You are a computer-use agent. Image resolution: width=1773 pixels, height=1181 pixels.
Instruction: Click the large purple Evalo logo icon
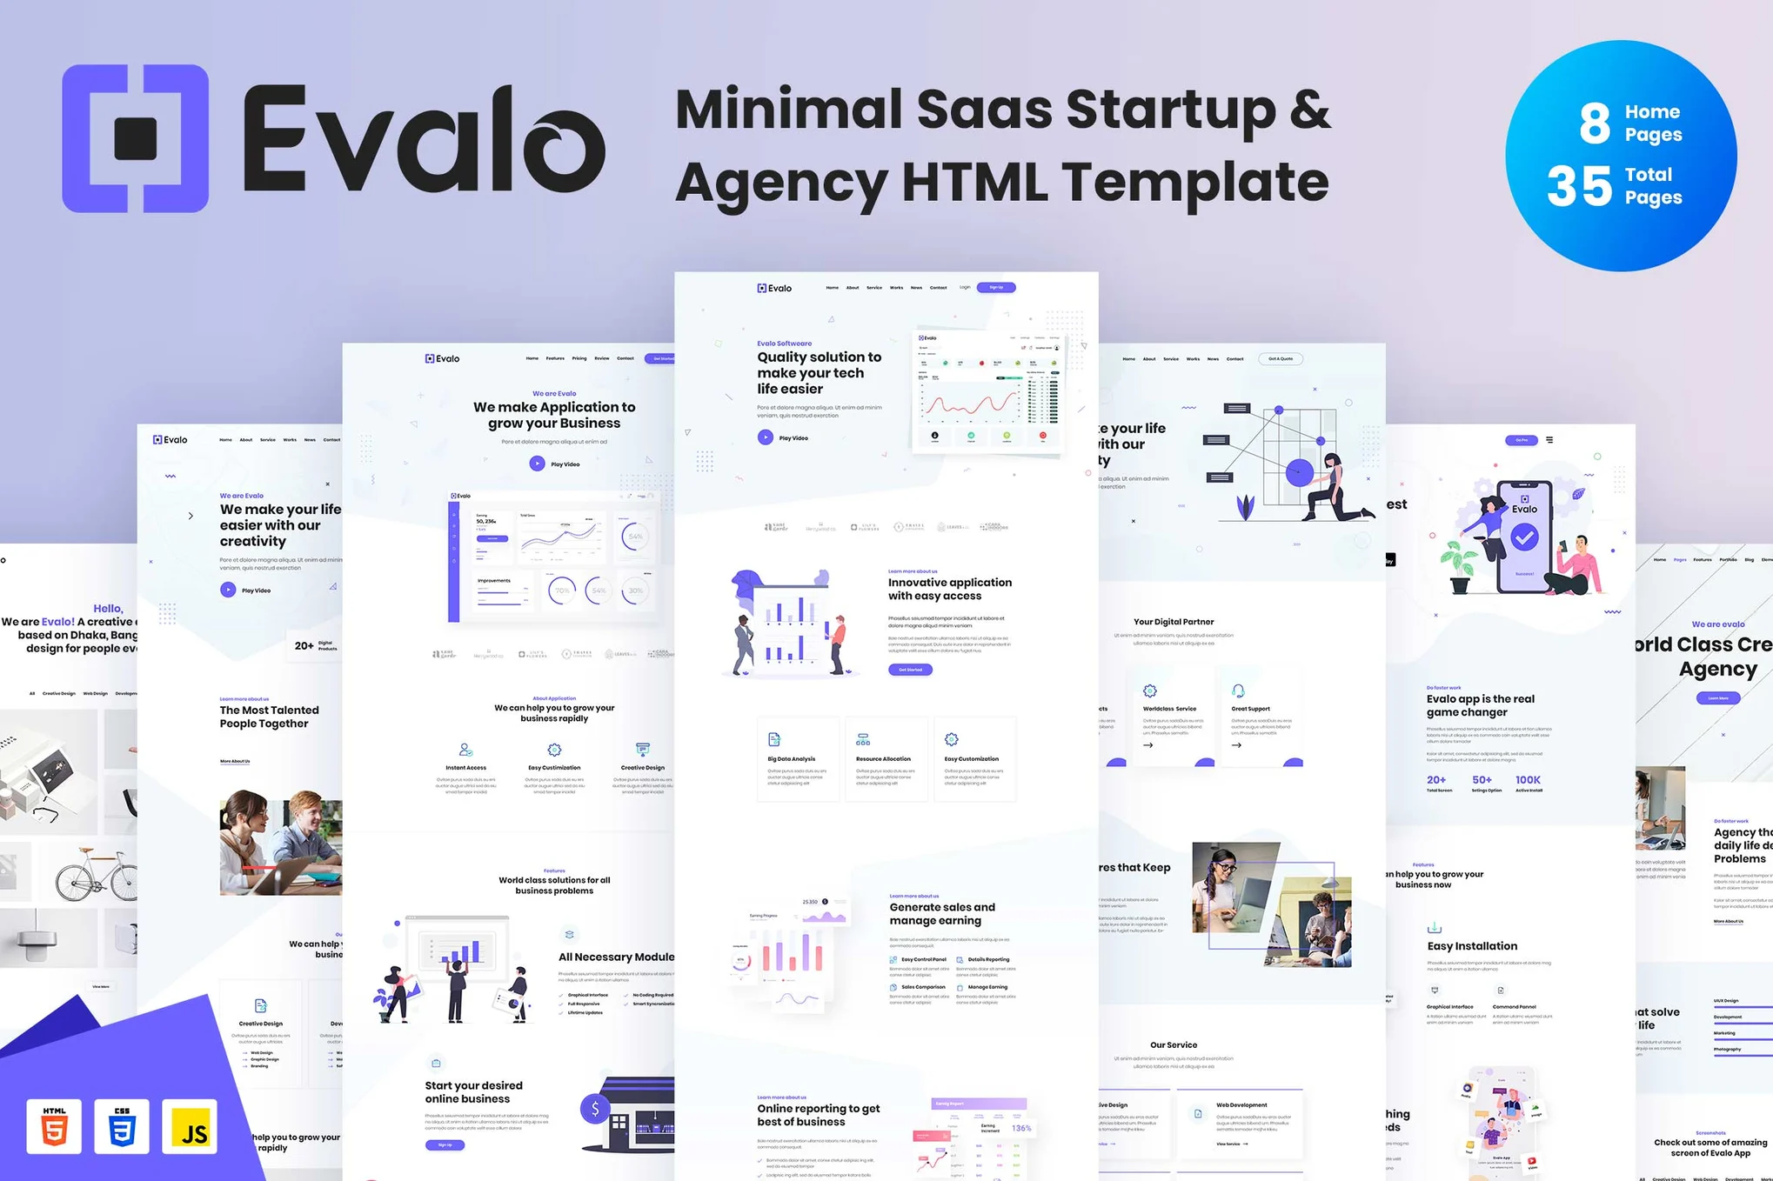pyautogui.click(x=136, y=138)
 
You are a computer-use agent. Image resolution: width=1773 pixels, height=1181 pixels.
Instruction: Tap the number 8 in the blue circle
pyautogui.click(x=1594, y=123)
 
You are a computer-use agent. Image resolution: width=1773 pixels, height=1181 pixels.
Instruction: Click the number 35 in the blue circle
pyautogui.click(x=1579, y=186)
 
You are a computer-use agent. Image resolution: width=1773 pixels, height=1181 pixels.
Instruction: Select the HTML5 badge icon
pyautogui.click(x=54, y=1126)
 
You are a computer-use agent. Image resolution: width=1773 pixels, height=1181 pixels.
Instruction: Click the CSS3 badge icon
pyautogui.click(x=122, y=1126)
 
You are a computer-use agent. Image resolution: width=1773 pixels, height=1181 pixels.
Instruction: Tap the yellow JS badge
pyautogui.click(x=190, y=1127)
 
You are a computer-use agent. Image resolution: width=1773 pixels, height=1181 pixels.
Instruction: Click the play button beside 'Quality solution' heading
pyautogui.click(x=765, y=437)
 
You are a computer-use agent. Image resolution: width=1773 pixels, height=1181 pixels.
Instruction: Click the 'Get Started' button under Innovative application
pyautogui.click(x=910, y=670)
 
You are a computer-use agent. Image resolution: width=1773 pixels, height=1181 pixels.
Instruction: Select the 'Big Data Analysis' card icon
pyautogui.click(x=774, y=739)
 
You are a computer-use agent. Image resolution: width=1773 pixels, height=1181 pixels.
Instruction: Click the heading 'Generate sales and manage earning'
pyautogui.click(x=942, y=913)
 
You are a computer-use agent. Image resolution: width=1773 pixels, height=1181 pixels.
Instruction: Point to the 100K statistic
pyautogui.click(x=1528, y=780)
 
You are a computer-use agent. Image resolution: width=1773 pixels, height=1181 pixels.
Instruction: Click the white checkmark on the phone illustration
pyautogui.click(x=1523, y=537)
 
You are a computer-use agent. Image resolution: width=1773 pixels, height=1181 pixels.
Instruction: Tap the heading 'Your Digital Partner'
pyautogui.click(x=1174, y=622)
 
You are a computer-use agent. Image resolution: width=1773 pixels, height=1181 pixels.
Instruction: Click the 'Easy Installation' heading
pyautogui.click(x=1472, y=946)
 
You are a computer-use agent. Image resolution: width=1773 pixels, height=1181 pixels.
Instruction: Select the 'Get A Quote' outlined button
pyautogui.click(x=1281, y=358)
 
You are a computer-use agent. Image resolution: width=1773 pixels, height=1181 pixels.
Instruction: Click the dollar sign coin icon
pyautogui.click(x=595, y=1109)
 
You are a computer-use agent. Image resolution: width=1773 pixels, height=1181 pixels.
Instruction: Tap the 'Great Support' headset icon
pyautogui.click(x=1238, y=691)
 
